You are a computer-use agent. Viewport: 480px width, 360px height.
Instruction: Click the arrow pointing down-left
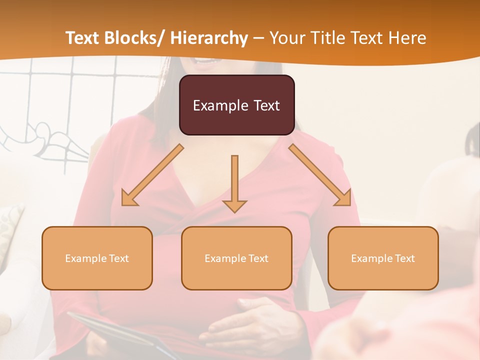152,175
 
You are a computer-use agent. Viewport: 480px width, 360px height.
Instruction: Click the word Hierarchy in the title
209,38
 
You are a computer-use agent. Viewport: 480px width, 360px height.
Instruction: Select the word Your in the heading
287,38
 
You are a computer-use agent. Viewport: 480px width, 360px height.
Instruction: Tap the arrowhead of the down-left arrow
129,198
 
